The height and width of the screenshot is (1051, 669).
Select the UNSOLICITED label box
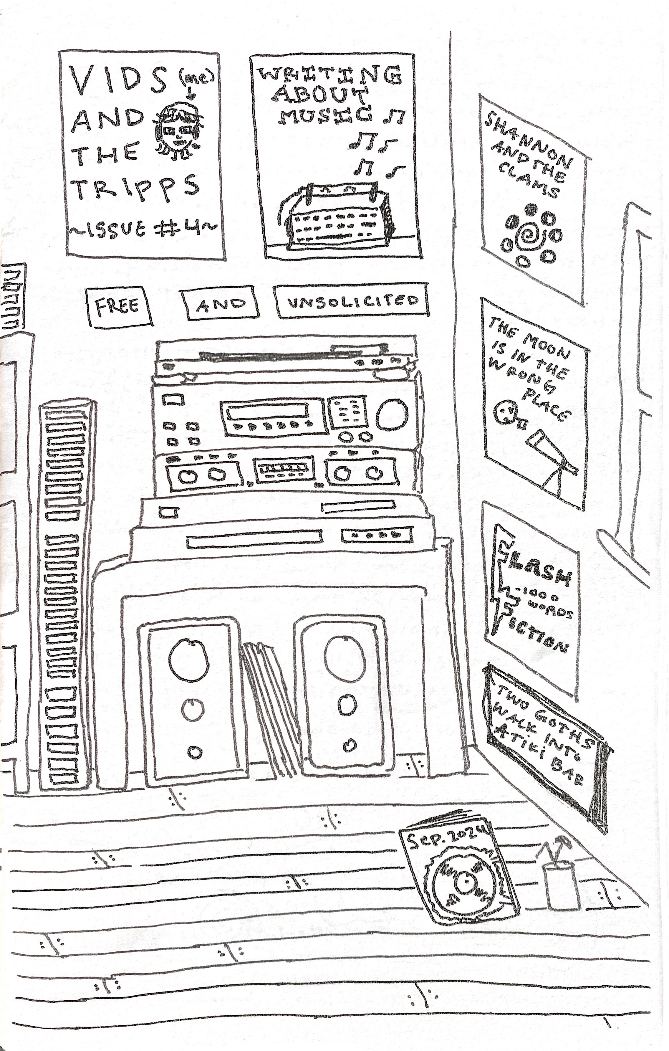(x=351, y=300)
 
